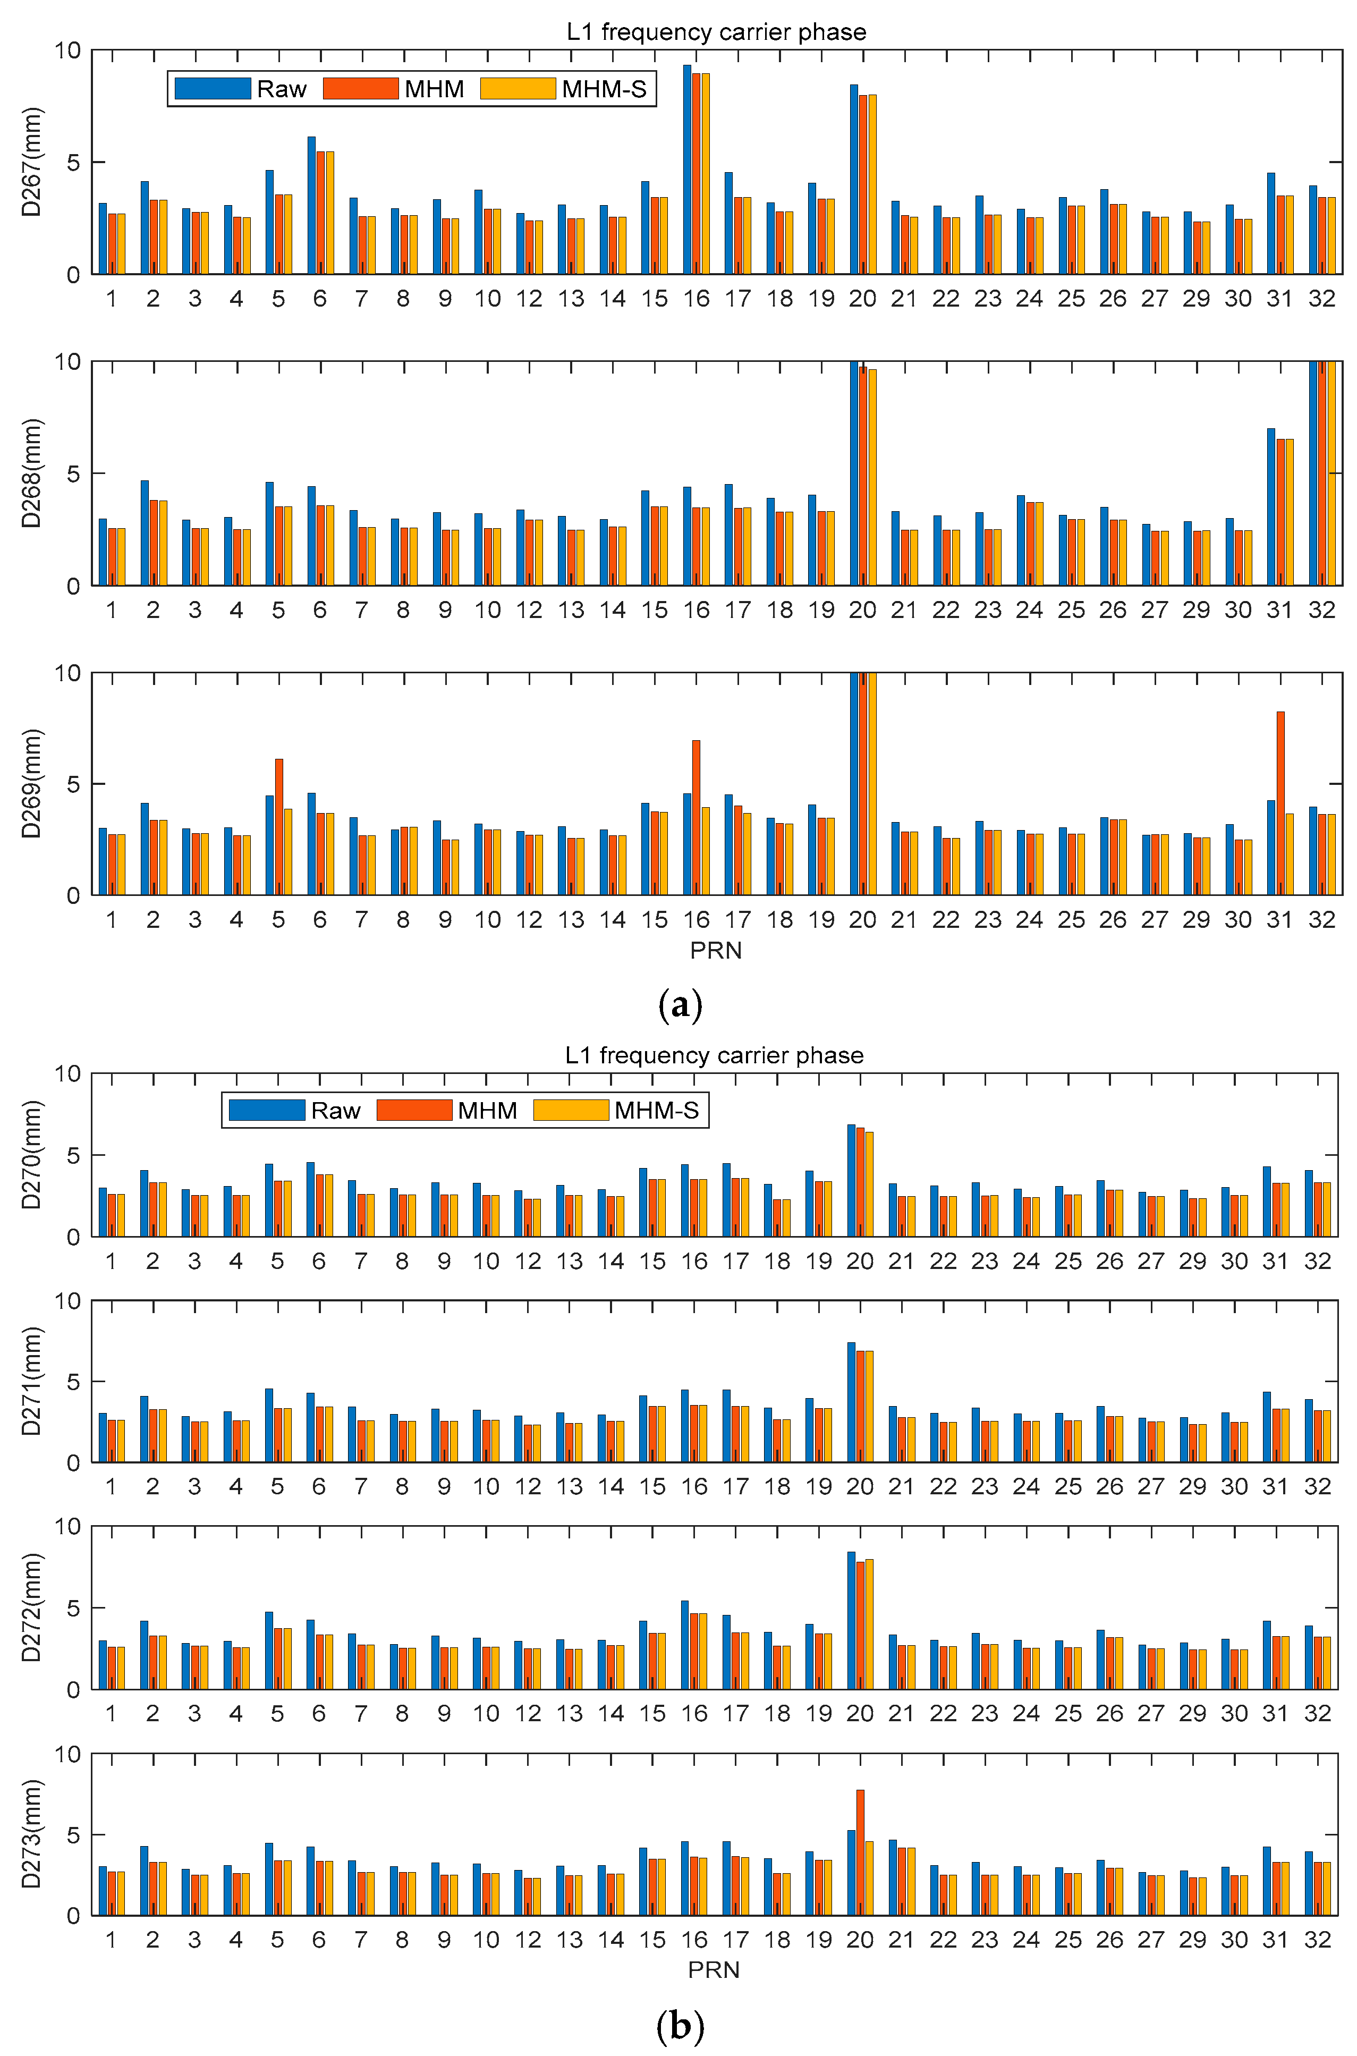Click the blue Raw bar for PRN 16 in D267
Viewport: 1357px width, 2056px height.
click(687, 173)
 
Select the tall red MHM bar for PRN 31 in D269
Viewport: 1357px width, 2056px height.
click(1280, 805)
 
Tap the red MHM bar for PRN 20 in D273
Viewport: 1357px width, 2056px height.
click(860, 1855)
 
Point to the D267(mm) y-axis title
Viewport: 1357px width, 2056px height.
click(31, 162)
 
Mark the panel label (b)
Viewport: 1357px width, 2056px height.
click(680, 2027)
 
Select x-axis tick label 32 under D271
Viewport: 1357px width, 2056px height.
click(1317, 1487)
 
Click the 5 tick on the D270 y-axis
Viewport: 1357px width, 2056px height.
click(73, 1155)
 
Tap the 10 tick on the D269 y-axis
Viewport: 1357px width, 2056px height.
click(67, 673)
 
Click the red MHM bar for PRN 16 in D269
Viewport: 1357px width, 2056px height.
click(697, 818)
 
